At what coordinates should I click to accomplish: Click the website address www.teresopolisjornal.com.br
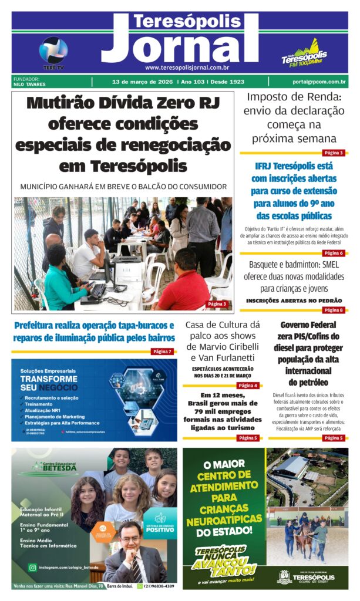(187, 67)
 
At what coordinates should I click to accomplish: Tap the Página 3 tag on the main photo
(217, 303)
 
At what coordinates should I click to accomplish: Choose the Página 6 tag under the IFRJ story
(334, 253)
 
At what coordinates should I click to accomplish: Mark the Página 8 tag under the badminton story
(334, 310)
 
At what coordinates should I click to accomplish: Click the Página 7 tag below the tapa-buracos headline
(162, 352)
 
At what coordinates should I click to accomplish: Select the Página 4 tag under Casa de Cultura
(247, 386)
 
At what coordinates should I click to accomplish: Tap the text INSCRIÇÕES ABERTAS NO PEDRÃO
(294, 300)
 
